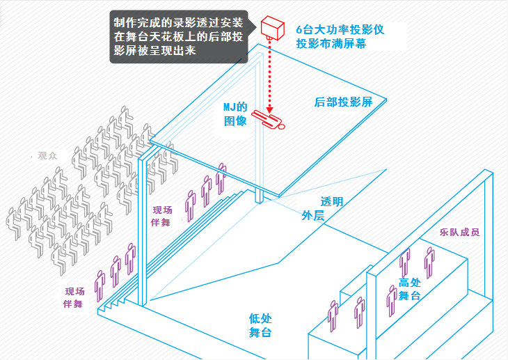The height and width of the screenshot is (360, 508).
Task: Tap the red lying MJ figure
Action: coord(269,119)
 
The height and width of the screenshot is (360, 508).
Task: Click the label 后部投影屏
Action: coord(344,102)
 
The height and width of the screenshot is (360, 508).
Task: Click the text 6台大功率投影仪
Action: coord(340,30)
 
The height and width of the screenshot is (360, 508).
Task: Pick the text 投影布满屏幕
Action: coord(331,44)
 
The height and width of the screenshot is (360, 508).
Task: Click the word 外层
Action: coord(313,216)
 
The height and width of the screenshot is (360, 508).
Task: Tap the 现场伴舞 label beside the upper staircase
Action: coord(162,216)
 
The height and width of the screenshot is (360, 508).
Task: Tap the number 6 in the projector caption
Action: coord(299,30)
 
